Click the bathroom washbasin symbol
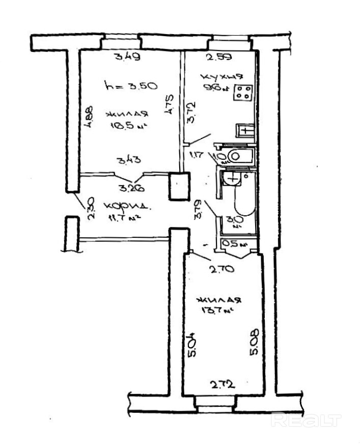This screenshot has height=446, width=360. pos(233,178)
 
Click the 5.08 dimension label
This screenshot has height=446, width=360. pos(255,343)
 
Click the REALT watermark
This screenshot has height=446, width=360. pos(306,420)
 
